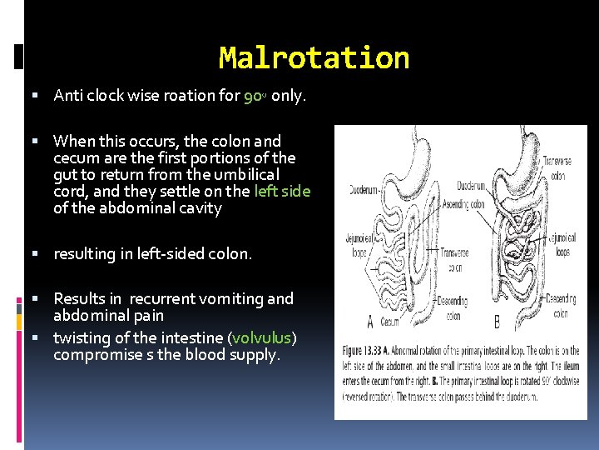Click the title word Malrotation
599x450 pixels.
coord(314,57)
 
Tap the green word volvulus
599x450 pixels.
coord(262,338)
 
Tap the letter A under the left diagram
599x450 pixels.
coord(369,321)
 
